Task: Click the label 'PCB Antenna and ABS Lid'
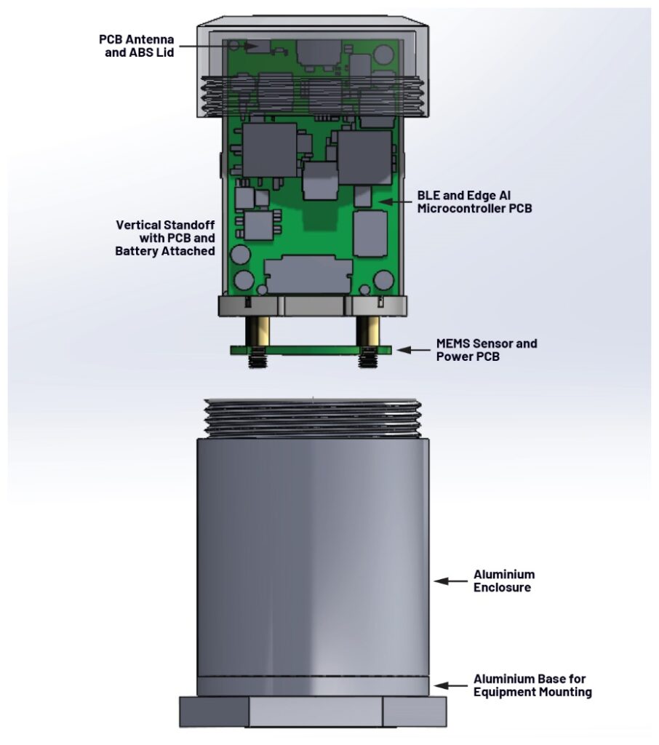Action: (136, 46)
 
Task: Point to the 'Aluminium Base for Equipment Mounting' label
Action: (532, 685)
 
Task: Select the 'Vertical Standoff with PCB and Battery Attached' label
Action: (165, 238)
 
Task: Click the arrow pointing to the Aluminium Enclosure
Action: (450, 581)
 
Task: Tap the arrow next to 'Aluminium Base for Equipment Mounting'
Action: (450, 685)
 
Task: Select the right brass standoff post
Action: (366, 331)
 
